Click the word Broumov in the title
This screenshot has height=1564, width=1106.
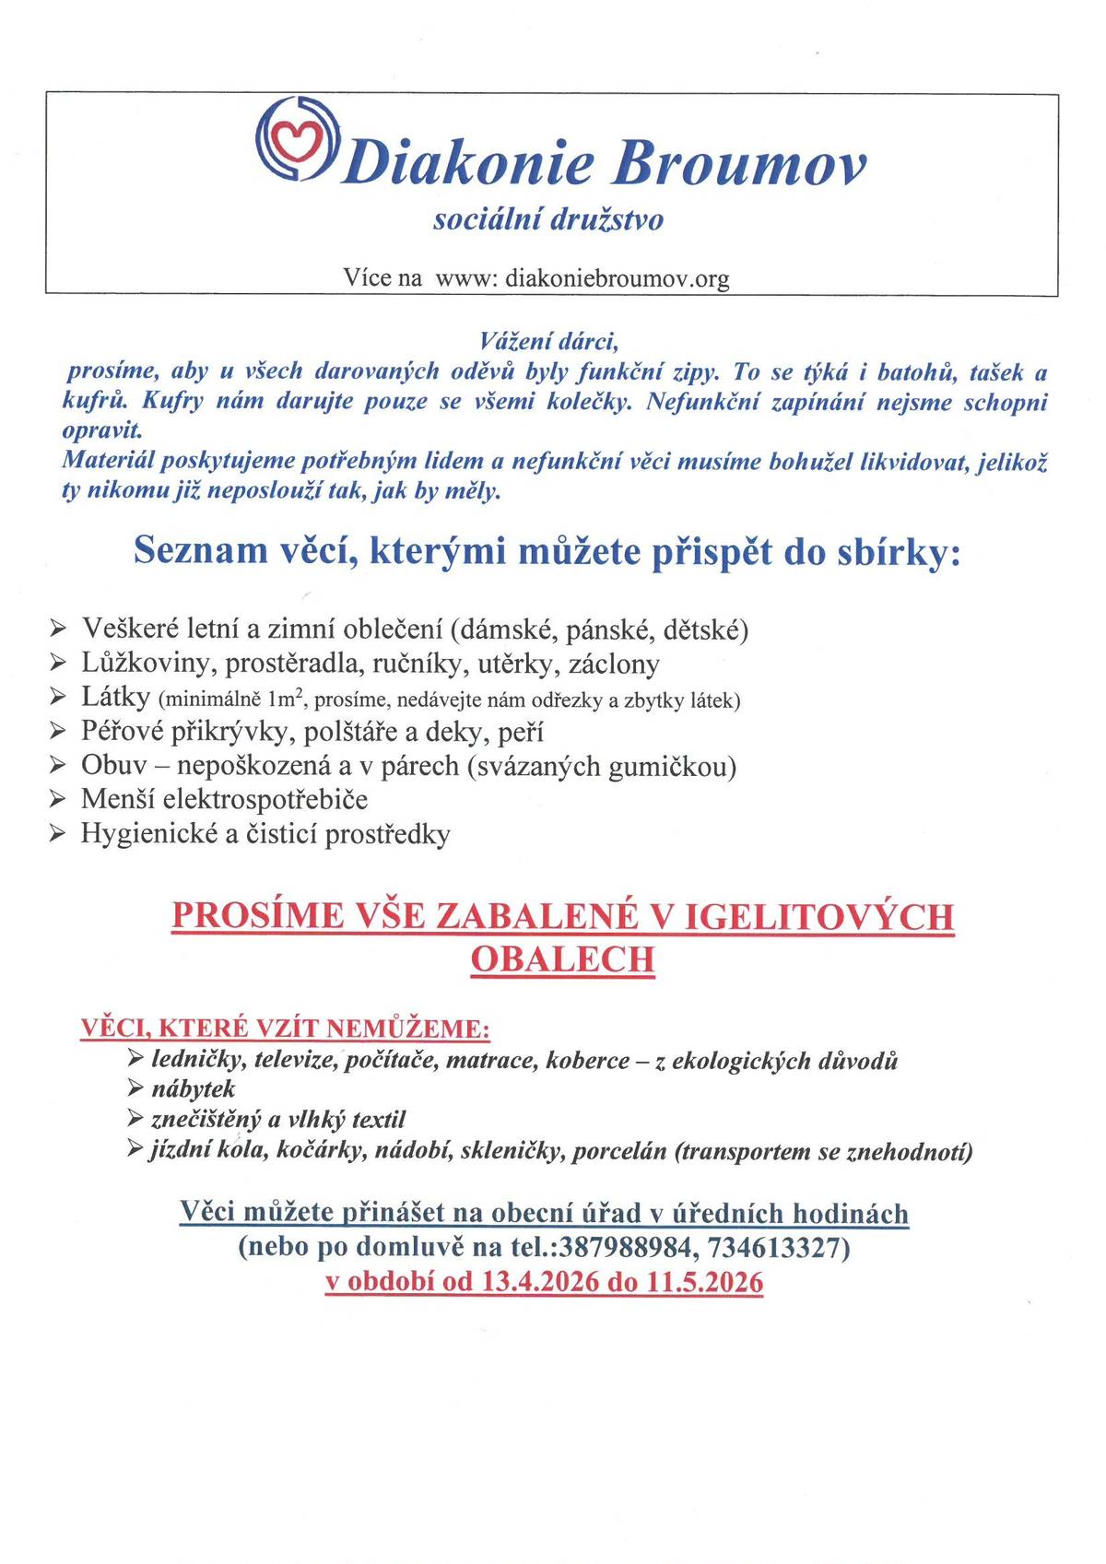[738, 164]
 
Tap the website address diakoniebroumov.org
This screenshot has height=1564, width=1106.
[618, 278]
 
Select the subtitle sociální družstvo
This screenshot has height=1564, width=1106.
[548, 220]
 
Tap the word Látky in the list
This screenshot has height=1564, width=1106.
[115, 698]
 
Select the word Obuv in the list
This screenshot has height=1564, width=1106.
[107, 766]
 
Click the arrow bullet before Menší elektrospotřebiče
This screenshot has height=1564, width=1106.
[58, 800]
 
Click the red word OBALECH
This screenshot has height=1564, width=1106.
[562, 959]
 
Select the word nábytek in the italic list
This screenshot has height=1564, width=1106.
[194, 1089]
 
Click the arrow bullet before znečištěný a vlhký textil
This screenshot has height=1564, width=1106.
[135, 1119]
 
